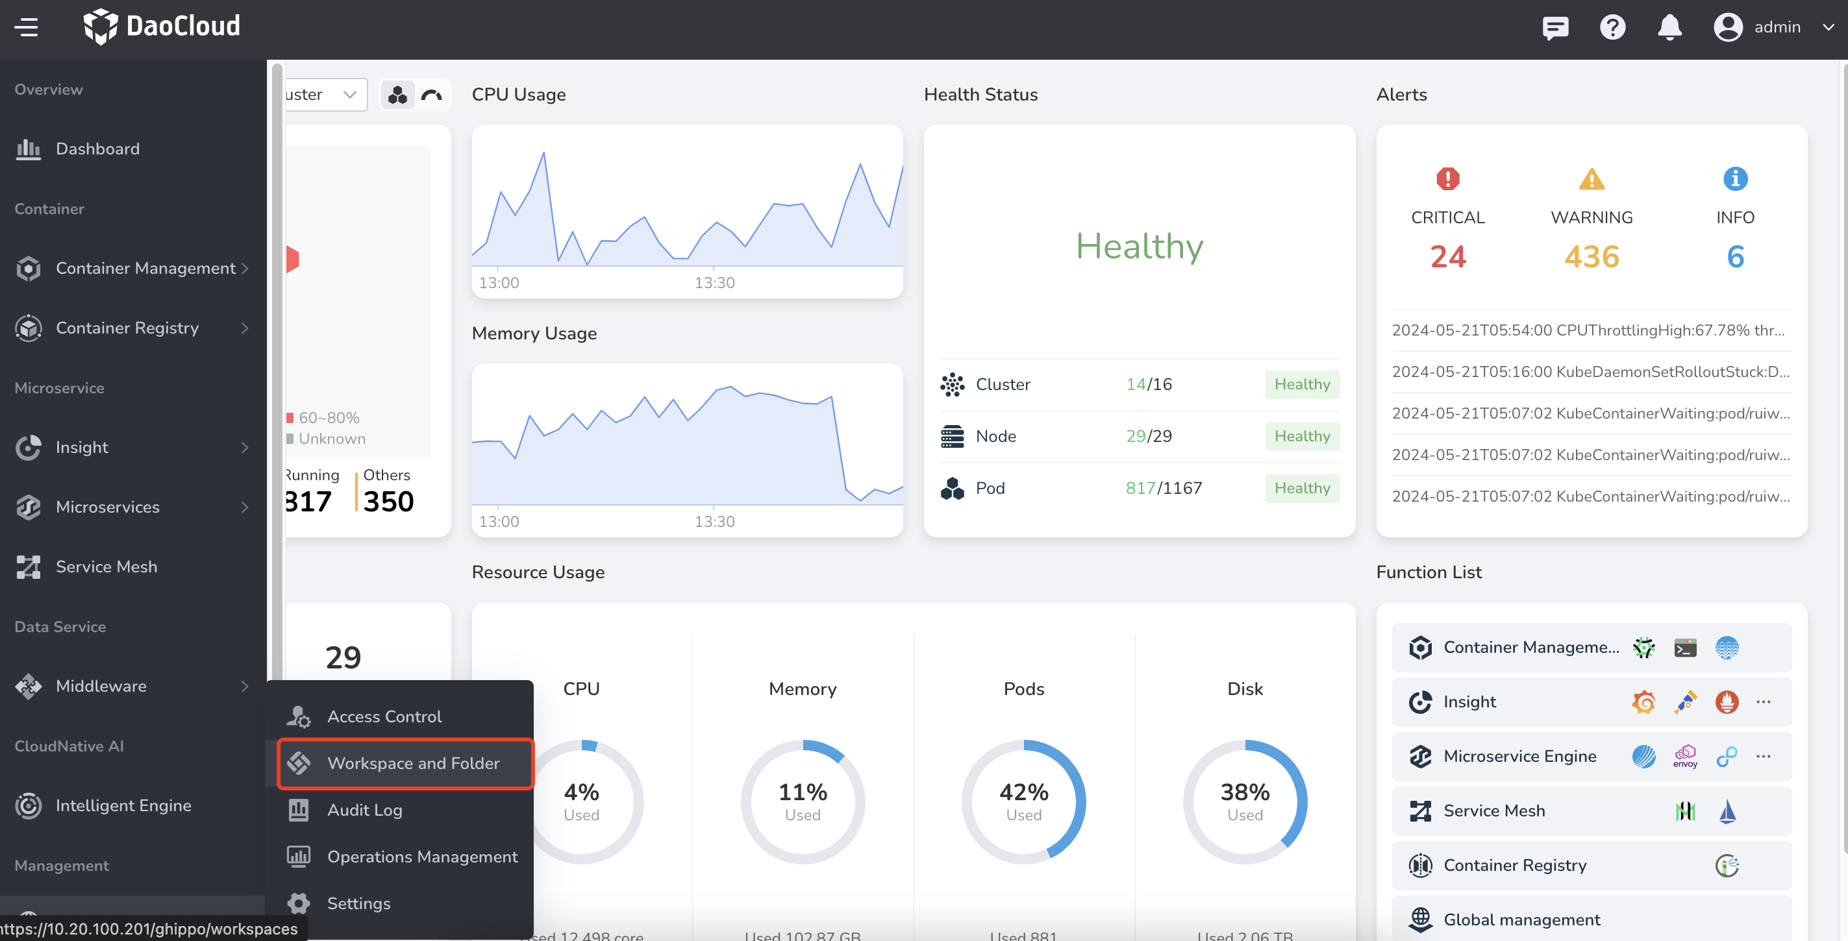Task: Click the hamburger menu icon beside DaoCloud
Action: [x=27, y=27]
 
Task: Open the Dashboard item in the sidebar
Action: [x=97, y=149]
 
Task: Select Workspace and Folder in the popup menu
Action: [x=412, y=763]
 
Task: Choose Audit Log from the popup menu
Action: [x=364, y=810]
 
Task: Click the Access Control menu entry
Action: [x=384, y=716]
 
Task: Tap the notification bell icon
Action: [x=1669, y=27]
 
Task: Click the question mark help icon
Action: [x=1612, y=27]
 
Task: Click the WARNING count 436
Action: [x=1591, y=257]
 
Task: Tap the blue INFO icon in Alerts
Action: [x=1734, y=178]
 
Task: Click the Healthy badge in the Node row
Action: [x=1301, y=436]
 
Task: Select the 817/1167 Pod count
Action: [x=1163, y=489]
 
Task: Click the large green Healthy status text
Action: [x=1138, y=246]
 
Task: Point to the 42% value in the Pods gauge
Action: [x=1024, y=792]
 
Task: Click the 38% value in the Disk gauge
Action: [x=1245, y=792]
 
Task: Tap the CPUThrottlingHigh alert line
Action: [x=1588, y=330]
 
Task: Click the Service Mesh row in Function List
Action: [x=1494, y=811]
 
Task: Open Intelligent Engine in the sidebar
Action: [x=123, y=805]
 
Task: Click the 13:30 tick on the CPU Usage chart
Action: [x=714, y=282]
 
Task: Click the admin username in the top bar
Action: [x=1777, y=27]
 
